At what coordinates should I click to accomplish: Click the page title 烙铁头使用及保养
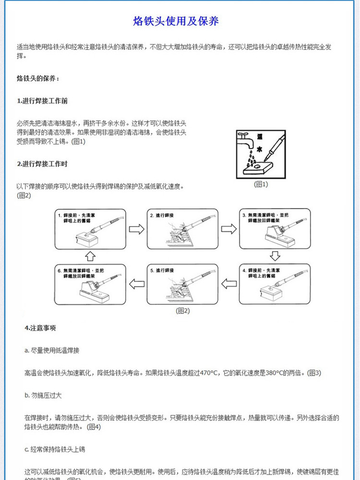click(x=176, y=22)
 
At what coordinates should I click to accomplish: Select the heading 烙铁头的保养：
click(x=38, y=77)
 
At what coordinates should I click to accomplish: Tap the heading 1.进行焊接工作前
click(x=42, y=101)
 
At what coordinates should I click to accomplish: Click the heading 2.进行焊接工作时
click(x=42, y=164)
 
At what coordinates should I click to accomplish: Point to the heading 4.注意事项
click(x=40, y=328)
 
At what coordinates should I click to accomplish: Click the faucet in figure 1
click(x=245, y=141)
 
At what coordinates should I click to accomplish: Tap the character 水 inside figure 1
click(x=260, y=149)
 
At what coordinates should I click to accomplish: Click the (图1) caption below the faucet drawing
click(x=261, y=184)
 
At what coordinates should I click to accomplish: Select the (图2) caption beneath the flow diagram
click(x=183, y=311)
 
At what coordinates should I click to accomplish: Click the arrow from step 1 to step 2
click(x=136, y=229)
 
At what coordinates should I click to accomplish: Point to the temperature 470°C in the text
click(x=208, y=372)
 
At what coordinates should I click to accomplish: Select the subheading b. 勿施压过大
click(x=43, y=395)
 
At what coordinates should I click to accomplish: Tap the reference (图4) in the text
click(x=93, y=427)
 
